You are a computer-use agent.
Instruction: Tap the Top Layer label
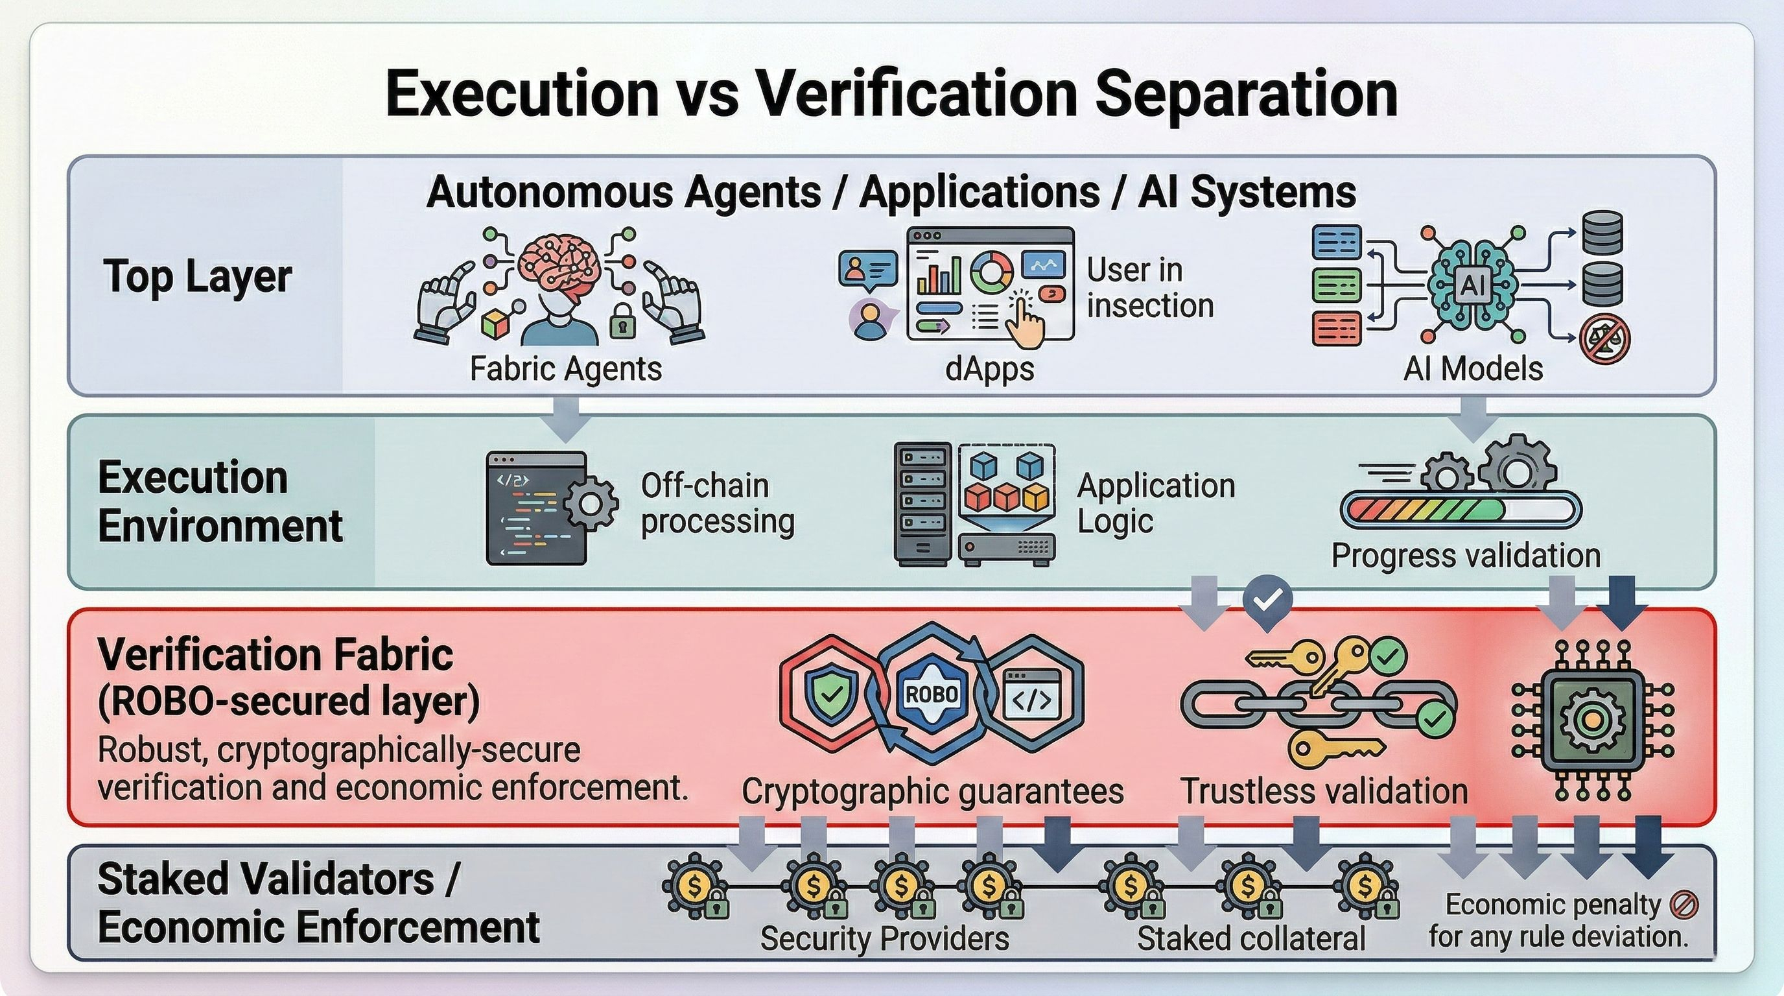pos(197,276)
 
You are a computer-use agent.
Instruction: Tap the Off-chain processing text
pos(717,504)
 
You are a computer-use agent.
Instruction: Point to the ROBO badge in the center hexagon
pos(932,694)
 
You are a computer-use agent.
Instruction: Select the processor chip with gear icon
pos(1591,721)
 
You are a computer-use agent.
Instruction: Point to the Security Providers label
pos(884,938)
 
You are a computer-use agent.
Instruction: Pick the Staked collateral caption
pos(1250,938)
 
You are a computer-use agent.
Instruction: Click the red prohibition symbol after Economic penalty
pos(1684,905)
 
